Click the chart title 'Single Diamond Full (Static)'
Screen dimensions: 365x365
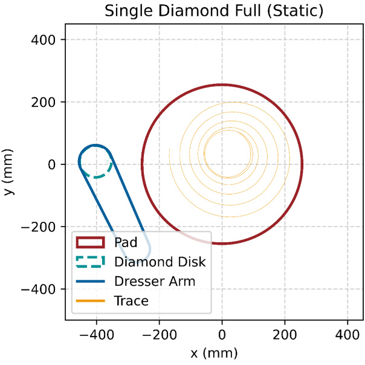(x=213, y=11)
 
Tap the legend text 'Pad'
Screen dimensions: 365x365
(x=126, y=243)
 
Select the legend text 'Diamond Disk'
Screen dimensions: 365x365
(x=160, y=262)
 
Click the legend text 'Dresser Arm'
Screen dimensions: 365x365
(x=154, y=281)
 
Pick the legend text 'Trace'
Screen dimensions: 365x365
(x=131, y=300)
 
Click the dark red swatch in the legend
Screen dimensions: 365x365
(x=90, y=243)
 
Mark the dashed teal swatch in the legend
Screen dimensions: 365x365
(x=90, y=262)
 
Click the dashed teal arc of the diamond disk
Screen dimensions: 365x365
(x=97, y=176)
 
